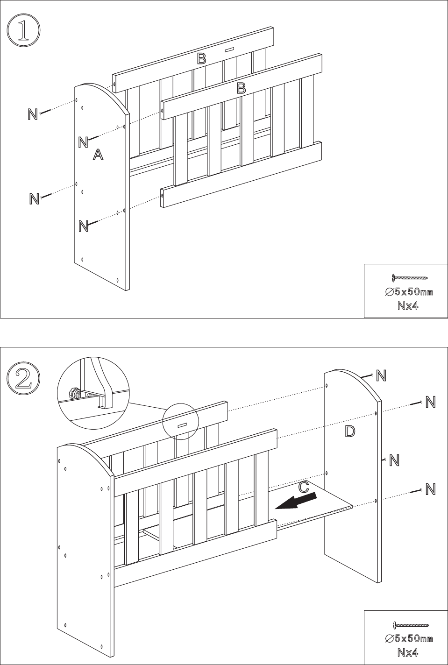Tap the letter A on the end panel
[98, 155]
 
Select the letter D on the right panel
[350, 431]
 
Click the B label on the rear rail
[202, 59]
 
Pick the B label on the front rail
[241, 88]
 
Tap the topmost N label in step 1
[33, 114]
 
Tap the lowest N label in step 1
[84, 226]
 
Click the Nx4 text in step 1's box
[408, 306]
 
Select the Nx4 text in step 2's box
[408, 652]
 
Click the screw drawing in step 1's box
[410, 278]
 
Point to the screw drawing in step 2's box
[411, 624]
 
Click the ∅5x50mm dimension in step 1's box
[409, 292]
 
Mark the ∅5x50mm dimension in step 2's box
[409, 638]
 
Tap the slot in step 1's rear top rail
[230, 50]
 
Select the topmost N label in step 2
[381, 375]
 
